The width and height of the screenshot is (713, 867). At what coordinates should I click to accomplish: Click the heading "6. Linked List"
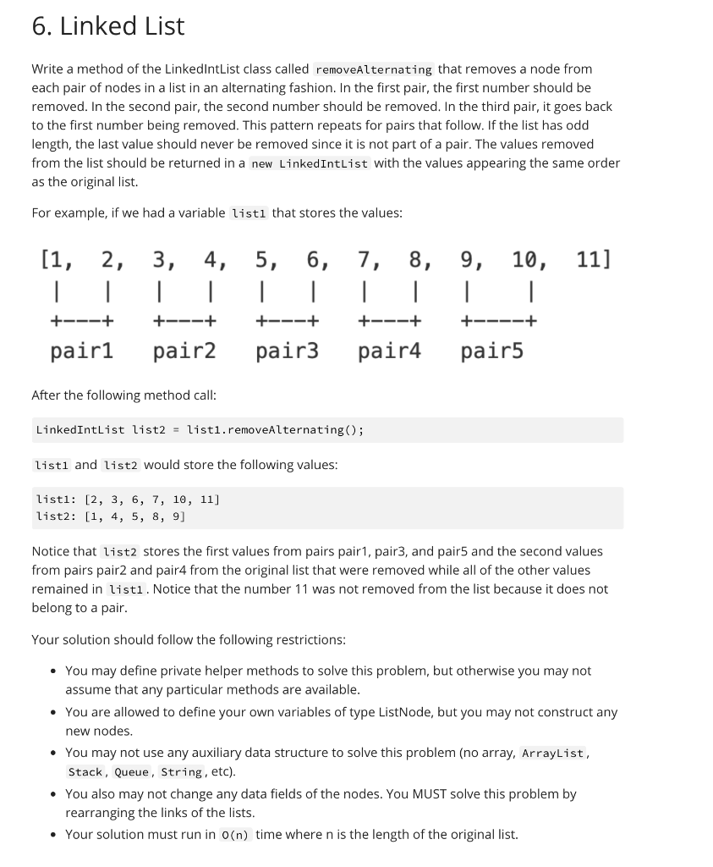107,26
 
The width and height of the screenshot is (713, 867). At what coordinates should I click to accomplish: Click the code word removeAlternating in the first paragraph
373,69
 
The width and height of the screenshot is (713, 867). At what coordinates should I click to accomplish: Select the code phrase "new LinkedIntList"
310,163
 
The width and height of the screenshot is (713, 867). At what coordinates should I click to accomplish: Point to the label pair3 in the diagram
288,351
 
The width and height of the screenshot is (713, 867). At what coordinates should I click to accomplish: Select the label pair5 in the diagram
492,351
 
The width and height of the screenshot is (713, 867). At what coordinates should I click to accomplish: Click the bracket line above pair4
390,322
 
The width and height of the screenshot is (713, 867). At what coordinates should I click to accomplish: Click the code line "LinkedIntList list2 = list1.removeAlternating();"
200,430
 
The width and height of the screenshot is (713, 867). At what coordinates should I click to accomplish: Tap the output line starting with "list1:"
128,500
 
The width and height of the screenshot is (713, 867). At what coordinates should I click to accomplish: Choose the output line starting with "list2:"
111,516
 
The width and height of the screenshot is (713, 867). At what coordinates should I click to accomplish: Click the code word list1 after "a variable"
249,213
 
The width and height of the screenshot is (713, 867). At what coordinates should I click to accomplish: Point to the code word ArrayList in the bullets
552,754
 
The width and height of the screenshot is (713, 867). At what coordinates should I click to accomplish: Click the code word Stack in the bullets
85,772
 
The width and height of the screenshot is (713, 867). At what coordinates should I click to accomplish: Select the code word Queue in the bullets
133,772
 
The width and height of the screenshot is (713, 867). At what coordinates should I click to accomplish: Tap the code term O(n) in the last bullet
235,835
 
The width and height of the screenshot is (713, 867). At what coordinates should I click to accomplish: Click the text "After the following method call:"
123,395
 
